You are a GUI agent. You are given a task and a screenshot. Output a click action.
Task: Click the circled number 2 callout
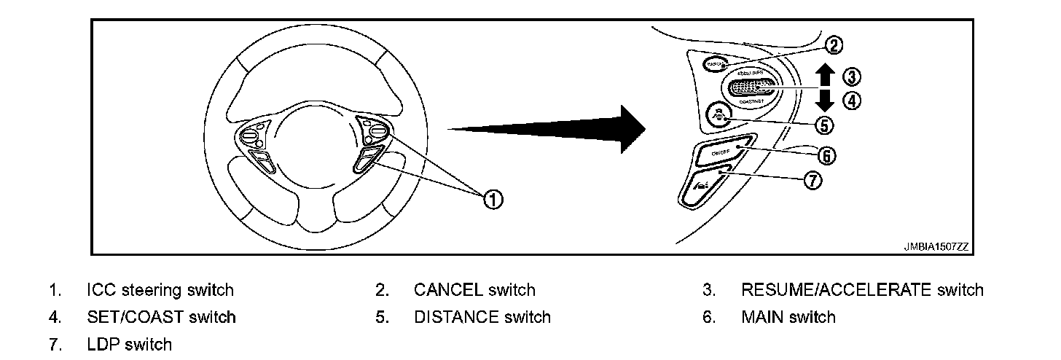click(834, 45)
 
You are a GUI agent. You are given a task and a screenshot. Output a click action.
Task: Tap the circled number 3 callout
click(851, 76)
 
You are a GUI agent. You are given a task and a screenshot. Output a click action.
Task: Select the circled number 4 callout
click(851, 101)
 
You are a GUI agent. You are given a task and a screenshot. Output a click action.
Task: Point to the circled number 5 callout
click(824, 125)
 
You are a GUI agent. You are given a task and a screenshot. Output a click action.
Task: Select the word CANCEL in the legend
click(448, 290)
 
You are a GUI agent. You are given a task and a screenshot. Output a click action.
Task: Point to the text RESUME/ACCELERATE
click(836, 290)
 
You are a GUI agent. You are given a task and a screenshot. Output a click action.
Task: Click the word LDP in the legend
click(103, 344)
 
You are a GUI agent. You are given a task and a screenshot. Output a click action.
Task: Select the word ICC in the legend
click(101, 290)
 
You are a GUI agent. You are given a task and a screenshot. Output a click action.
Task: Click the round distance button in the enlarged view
click(718, 116)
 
